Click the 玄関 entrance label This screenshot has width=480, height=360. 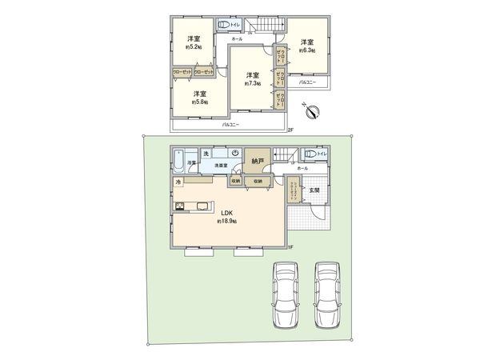315,189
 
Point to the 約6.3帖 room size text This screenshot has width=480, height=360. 307,50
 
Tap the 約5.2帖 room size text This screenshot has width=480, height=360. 193,46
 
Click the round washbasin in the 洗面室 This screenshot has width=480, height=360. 235,154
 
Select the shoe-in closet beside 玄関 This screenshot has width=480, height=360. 294,192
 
